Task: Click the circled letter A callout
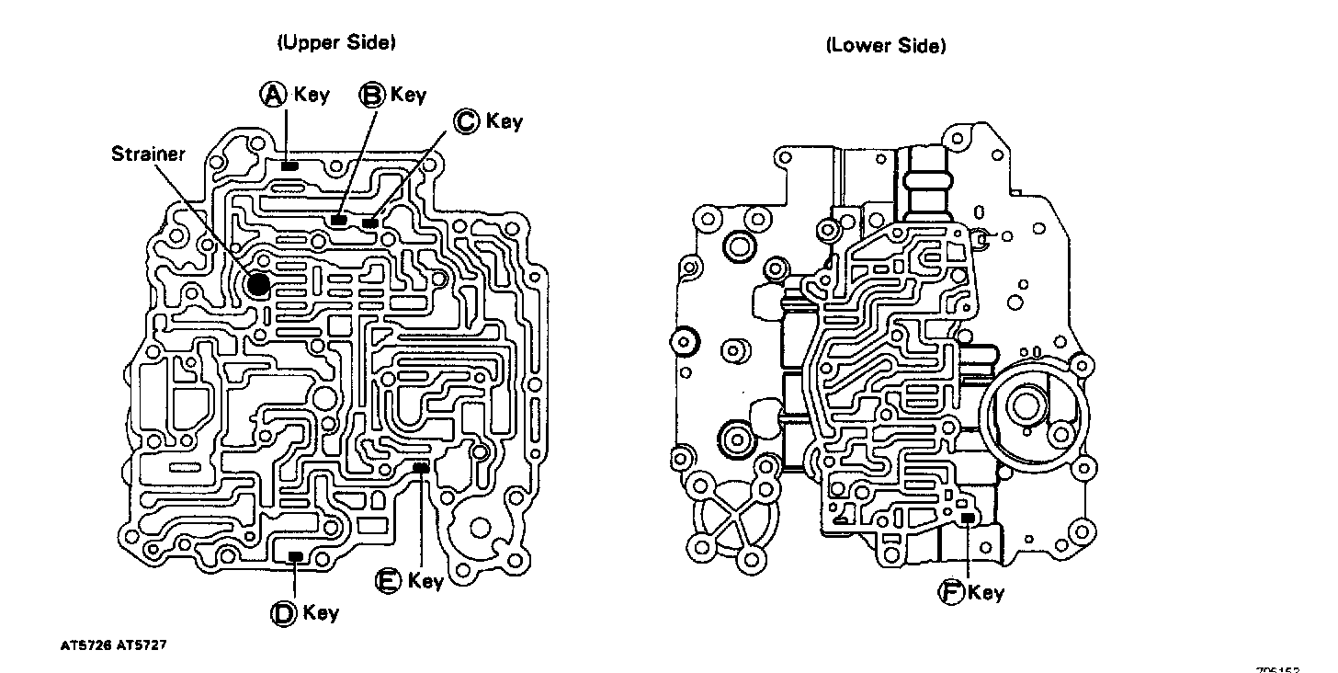273,94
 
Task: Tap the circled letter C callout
467,120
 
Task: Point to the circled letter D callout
283,613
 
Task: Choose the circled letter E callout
389,580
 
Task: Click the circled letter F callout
950,592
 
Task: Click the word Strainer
148,154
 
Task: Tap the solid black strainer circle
258,285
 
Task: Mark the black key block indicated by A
289,166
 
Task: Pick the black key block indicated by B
339,220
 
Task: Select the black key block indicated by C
370,222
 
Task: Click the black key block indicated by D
295,555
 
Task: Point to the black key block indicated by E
421,468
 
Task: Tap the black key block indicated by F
968,519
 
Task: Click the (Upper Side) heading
335,42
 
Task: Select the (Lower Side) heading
886,45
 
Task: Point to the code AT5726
86,645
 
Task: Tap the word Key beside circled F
986,593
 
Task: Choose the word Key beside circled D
321,613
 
